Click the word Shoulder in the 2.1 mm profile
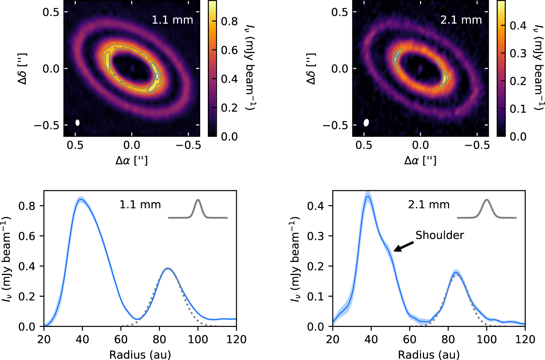click(440, 235)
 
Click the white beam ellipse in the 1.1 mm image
click(77, 123)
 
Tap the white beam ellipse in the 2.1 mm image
click(366, 123)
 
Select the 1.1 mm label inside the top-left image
click(172, 20)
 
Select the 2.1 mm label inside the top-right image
click(461, 20)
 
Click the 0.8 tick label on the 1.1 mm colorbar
click(230, 21)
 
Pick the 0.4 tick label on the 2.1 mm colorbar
click(518, 25)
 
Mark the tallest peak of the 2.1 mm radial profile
click(368, 196)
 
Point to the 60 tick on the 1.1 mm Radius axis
click(121, 339)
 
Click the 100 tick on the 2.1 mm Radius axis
click(487, 339)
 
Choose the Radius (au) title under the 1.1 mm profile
click(140, 354)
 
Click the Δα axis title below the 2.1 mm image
click(420, 160)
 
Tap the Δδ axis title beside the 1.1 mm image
click(23, 69)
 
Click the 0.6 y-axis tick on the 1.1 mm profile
click(27, 236)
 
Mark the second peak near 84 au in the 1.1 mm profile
click(167, 269)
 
